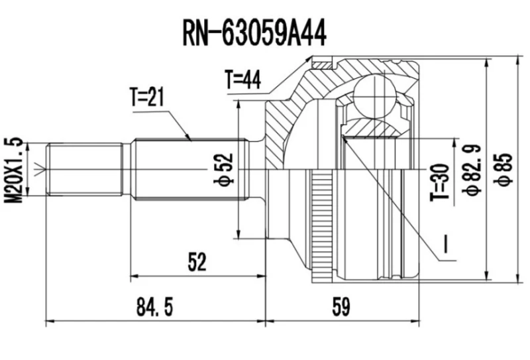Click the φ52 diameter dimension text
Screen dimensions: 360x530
coord(225,171)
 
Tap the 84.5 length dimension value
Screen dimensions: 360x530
coord(156,306)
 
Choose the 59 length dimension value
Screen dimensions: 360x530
coord(340,306)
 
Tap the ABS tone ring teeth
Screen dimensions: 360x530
coord(323,219)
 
